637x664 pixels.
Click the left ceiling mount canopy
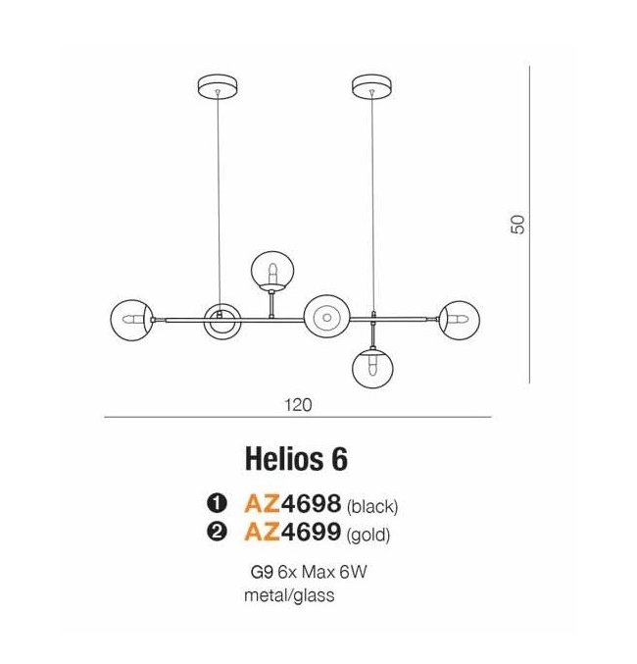point(218,86)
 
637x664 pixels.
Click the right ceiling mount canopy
point(372,86)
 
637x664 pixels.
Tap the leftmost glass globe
point(131,320)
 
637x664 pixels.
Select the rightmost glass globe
point(460,320)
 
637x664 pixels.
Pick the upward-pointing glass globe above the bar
point(271,271)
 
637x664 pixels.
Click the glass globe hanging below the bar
point(372,367)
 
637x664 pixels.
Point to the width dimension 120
point(298,405)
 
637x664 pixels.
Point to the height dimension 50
point(518,225)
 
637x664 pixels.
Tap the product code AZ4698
point(292,503)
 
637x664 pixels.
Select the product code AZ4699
point(292,532)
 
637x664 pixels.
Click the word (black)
point(372,506)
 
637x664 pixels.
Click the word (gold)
point(368,536)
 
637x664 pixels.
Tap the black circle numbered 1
point(218,503)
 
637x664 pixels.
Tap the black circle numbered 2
point(218,532)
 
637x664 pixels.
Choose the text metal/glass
point(289,595)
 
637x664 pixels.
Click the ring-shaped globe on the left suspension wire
point(221,321)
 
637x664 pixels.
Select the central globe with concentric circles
point(326,317)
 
